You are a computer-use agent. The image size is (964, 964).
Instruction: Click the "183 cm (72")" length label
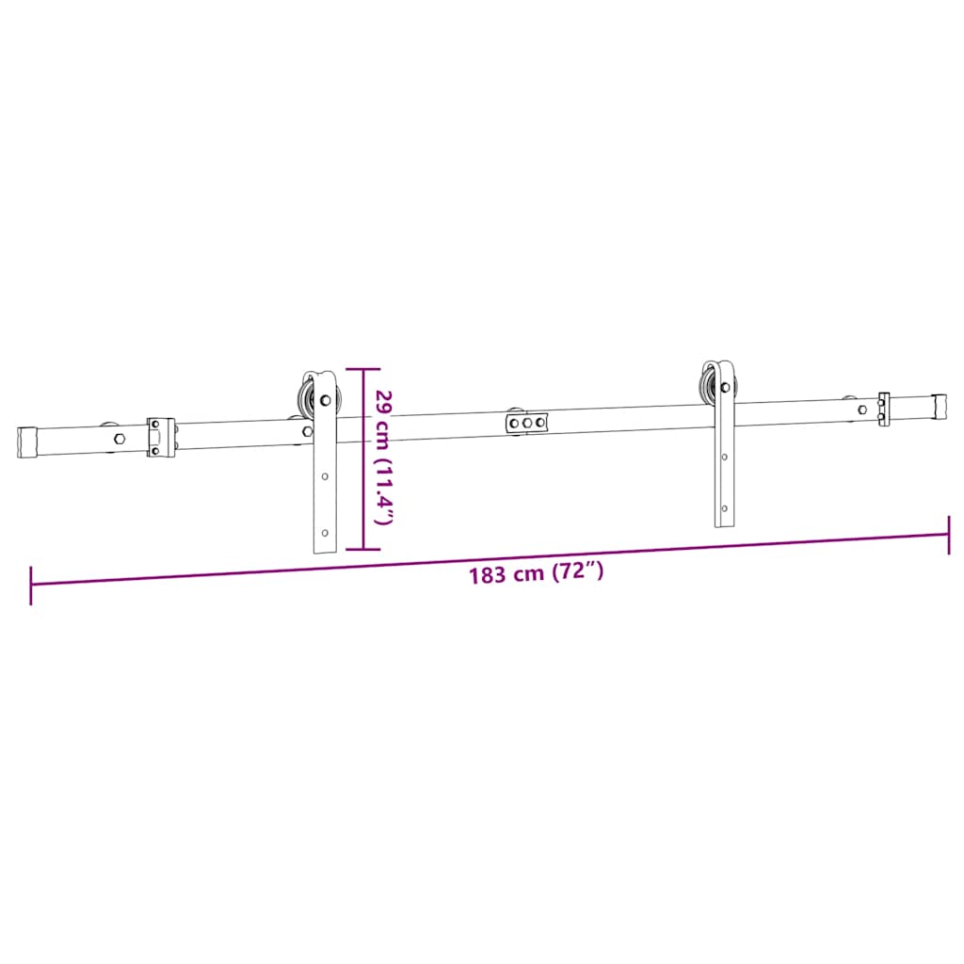point(536,572)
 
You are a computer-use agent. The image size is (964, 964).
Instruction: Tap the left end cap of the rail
point(28,441)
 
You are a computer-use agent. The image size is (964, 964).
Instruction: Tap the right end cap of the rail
point(939,406)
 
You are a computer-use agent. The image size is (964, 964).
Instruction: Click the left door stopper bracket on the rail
point(160,436)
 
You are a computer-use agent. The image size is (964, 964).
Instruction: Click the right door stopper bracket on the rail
point(884,409)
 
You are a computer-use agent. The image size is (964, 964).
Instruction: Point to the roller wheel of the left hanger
point(306,397)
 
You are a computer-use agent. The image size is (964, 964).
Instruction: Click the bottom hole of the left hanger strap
point(326,533)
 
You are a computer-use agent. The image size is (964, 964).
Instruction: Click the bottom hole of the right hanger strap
point(724,509)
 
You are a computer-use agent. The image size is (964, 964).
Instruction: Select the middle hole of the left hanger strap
point(326,476)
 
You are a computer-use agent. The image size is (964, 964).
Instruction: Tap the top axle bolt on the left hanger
point(326,400)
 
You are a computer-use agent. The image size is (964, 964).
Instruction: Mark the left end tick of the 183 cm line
point(31,585)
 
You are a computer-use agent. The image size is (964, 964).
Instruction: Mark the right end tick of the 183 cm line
point(949,535)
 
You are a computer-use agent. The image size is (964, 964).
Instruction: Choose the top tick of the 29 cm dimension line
point(363,369)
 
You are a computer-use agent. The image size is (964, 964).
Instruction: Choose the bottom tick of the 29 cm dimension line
point(363,548)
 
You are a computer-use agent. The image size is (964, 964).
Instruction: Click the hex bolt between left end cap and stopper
point(118,438)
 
